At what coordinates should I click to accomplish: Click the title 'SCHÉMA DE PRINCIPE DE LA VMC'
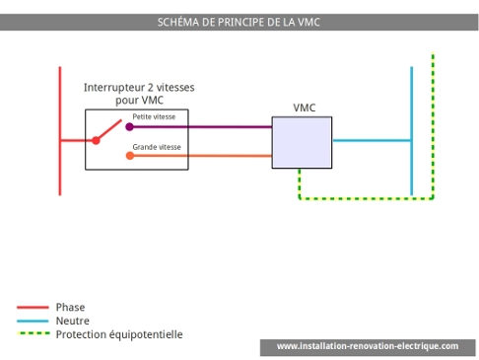(x=239, y=22)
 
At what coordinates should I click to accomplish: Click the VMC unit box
(x=302, y=142)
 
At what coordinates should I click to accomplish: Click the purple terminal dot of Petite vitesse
(x=129, y=126)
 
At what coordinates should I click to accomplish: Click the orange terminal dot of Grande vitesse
(x=129, y=155)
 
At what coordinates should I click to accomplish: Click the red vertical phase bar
(x=60, y=99)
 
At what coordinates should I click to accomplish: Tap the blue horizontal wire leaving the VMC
(x=371, y=140)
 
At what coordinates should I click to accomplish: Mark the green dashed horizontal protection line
(x=365, y=198)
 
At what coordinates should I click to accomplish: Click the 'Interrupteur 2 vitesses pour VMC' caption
(x=139, y=94)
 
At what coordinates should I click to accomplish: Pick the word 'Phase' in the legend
(x=71, y=308)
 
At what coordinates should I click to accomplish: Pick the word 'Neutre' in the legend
(x=73, y=322)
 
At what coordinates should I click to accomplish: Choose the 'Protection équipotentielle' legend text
(x=119, y=335)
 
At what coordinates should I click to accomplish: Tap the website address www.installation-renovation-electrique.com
(x=367, y=347)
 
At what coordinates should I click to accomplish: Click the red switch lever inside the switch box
(x=108, y=132)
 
